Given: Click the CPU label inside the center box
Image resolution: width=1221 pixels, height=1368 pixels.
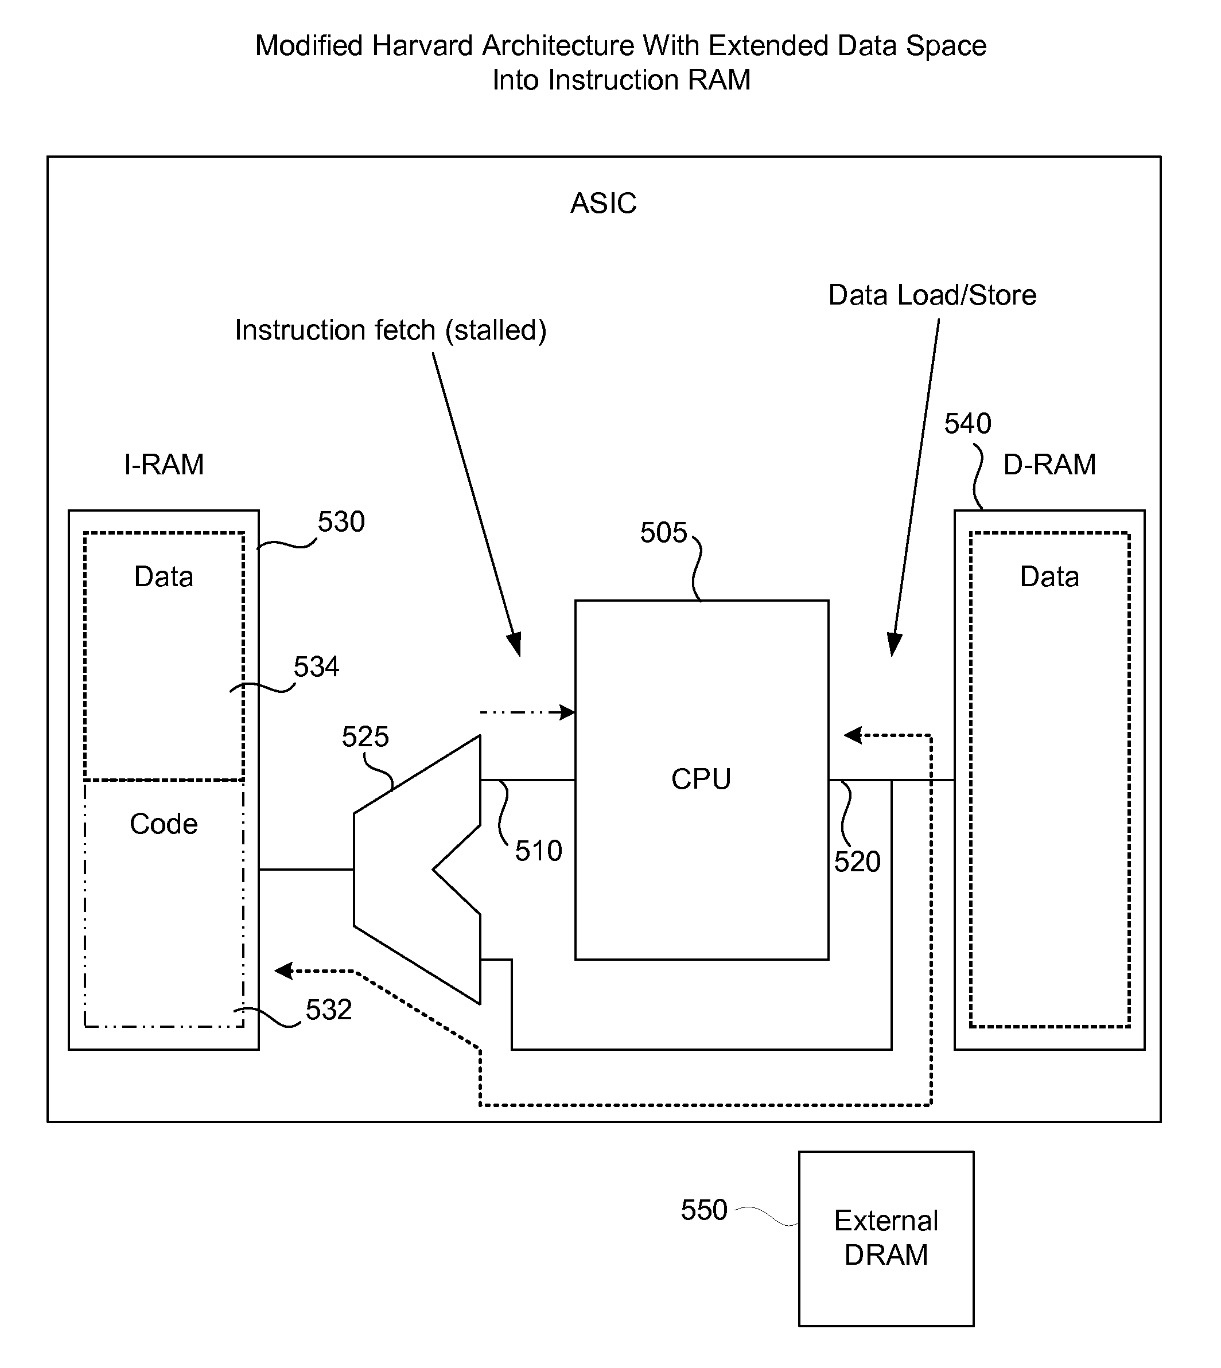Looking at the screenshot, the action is [x=701, y=778].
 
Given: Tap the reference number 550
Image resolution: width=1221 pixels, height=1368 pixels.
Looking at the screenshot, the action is [x=704, y=1210].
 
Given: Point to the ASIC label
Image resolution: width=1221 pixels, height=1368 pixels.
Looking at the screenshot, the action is [x=603, y=202].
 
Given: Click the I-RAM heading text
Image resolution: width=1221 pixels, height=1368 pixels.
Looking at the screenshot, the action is [x=164, y=464].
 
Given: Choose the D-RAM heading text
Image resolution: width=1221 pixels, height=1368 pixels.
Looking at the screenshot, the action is [x=1049, y=464].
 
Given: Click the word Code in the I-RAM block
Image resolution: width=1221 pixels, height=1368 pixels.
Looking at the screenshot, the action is [x=164, y=824].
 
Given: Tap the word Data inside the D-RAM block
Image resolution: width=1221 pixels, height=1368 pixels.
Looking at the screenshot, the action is [x=1049, y=576].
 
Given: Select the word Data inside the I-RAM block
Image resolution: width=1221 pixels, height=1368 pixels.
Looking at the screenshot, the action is [x=164, y=576].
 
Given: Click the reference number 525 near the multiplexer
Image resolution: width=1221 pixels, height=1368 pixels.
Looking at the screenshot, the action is [x=365, y=736].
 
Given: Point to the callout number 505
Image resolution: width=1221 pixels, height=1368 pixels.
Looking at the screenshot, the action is [x=663, y=532].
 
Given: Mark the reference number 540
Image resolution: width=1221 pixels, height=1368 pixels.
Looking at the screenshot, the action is [x=967, y=423].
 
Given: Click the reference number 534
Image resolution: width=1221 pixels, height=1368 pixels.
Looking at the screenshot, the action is [x=316, y=667].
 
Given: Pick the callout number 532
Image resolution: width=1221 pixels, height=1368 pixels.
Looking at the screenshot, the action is [x=329, y=1010].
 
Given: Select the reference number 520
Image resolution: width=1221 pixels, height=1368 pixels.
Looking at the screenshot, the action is [x=857, y=861].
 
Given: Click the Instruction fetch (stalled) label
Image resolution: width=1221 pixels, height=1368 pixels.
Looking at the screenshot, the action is [x=390, y=330].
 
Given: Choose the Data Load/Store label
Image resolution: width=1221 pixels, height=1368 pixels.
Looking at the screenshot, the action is [x=932, y=295].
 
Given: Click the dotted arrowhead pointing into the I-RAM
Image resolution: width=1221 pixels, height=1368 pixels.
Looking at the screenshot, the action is [x=284, y=971].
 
